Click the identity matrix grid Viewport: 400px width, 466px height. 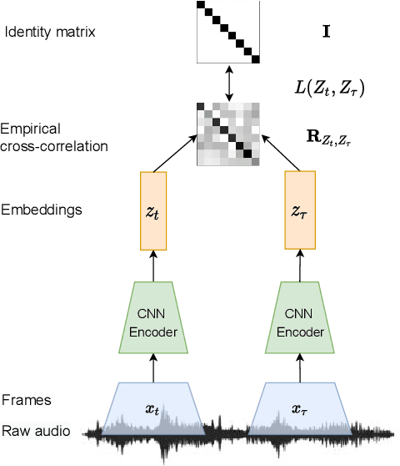point(229,32)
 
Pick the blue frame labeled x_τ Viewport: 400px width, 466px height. point(297,409)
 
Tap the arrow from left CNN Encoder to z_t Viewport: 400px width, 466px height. point(154,268)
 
